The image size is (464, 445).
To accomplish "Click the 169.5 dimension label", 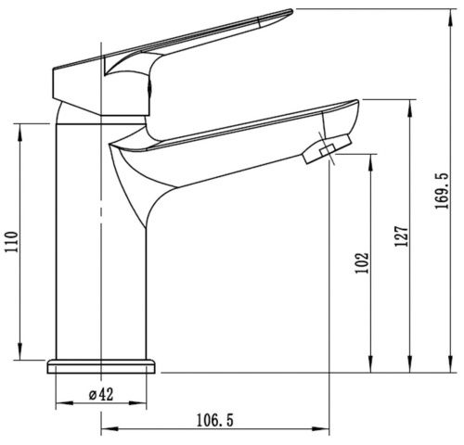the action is point(442,191).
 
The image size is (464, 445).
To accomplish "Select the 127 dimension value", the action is point(401,235).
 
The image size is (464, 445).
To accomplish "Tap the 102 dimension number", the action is point(362,263).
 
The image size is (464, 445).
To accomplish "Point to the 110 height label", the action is point(11,241).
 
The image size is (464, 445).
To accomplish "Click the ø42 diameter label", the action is point(101,395).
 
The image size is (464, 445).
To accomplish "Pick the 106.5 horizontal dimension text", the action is point(215,421).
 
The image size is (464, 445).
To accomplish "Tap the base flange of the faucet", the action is point(101,366).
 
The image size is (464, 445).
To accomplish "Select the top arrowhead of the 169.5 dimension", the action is point(451,18).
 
